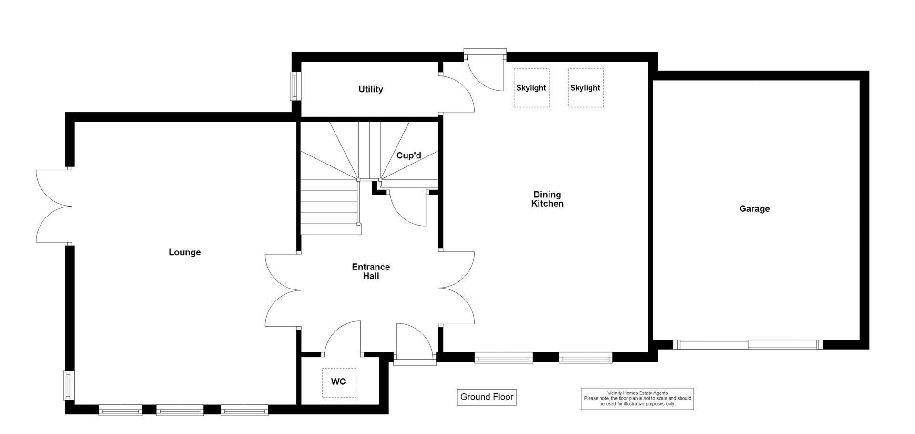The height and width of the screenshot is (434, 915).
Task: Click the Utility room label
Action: click(x=370, y=89)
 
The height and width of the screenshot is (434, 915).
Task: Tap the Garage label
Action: click(x=754, y=208)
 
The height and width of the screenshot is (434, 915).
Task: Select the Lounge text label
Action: click(x=184, y=252)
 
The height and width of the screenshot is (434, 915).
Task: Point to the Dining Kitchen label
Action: click(x=547, y=199)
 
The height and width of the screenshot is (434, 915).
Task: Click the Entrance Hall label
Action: click(x=371, y=271)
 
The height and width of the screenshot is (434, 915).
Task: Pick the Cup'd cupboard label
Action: click(x=409, y=155)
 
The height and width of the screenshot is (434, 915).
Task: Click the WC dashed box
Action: click(x=339, y=382)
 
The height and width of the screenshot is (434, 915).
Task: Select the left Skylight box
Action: click(x=531, y=88)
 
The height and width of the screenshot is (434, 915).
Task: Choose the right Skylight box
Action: click(x=585, y=88)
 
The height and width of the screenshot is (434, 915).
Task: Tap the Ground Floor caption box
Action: click(x=487, y=397)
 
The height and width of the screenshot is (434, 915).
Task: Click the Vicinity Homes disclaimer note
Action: click(x=637, y=399)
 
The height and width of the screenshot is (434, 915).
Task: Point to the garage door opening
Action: click(x=748, y=344)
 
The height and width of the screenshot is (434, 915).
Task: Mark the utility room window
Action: click(x=296, y=86)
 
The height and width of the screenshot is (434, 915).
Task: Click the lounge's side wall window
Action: click(x=69, y=385)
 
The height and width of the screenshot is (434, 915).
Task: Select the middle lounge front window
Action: click(x=180, y=410)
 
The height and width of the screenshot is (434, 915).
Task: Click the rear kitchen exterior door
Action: click(x=485, y=69)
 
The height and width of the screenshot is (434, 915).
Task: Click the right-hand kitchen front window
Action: click(x=586, y=358)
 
